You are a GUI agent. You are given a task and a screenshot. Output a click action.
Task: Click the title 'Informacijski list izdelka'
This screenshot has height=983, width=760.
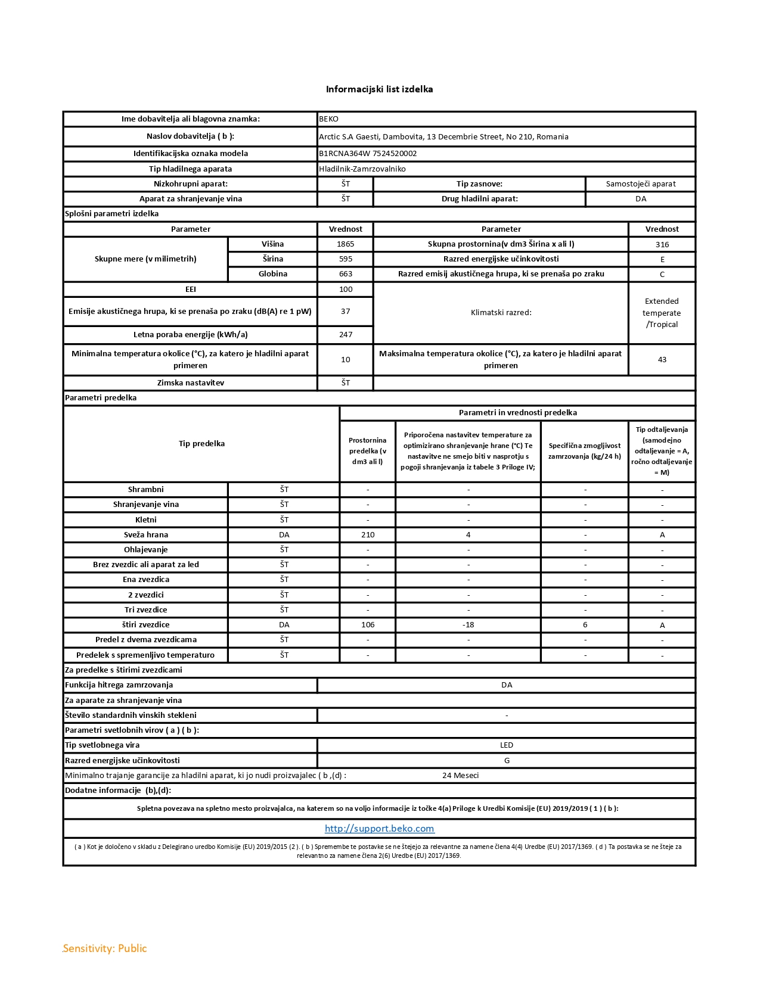[379, 89]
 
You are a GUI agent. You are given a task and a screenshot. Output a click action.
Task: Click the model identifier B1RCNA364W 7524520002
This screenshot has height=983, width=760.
[368, 154]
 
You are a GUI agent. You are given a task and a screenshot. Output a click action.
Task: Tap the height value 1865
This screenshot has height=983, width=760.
[345, 244]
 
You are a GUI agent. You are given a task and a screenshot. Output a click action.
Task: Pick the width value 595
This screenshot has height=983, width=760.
[345, 259]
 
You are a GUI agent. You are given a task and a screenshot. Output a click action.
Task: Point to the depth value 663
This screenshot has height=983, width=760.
[345, 274]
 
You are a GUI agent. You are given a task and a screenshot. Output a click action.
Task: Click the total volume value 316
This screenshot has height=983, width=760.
[662, 245]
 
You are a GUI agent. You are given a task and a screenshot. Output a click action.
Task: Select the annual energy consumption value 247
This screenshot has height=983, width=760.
[345, 335]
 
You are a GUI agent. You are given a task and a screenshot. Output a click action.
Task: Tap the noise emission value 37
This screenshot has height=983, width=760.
[345, 312]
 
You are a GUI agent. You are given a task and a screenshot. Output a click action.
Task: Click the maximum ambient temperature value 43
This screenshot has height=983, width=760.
[662, 360]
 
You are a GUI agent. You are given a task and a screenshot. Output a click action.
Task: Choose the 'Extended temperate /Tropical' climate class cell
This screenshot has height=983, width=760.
[662, 313]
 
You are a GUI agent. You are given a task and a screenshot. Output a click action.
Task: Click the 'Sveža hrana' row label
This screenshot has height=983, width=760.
[146, 535]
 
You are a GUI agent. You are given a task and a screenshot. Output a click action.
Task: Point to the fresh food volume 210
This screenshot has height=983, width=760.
[368, 535]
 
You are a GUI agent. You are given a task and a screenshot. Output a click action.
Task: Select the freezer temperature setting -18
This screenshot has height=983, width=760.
[468, 625]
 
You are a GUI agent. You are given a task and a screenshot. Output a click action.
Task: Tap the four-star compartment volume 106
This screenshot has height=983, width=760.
[368, 625]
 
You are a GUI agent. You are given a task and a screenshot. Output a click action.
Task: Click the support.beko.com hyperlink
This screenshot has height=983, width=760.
[379, 829]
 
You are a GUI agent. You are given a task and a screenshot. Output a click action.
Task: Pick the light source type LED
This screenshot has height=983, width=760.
[506, 745]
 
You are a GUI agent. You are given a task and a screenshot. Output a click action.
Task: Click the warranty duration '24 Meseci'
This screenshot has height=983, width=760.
[460, 776]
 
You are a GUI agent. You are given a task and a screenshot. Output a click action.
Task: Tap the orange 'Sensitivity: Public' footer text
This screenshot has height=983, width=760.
[105, 948]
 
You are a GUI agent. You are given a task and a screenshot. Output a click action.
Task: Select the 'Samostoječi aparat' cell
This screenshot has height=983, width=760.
[641, 184]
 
